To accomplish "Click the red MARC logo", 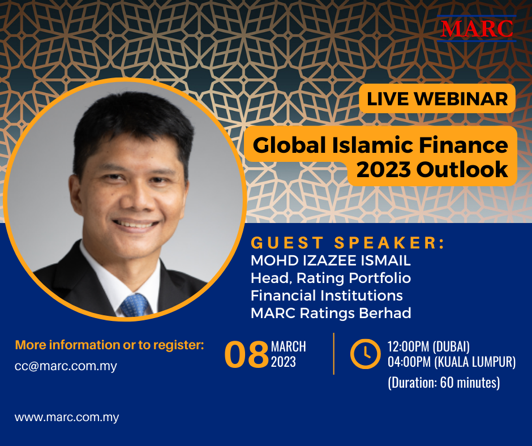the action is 477,28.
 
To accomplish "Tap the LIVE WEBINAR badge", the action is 437,98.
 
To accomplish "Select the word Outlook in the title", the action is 462,169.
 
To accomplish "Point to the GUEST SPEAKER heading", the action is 347,243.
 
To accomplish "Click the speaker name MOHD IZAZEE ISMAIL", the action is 331,260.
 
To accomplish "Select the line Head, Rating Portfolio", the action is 331,278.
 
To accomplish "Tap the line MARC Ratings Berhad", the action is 331,313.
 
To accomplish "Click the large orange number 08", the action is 246,354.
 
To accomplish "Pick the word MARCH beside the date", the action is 289,346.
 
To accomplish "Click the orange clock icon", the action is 366,354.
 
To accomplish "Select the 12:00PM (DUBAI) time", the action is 429,346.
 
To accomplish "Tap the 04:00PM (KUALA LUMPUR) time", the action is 452,362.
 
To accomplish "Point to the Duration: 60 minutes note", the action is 444,383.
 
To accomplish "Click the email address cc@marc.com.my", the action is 66,366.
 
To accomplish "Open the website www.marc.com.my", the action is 67,417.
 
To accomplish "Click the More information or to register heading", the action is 110,345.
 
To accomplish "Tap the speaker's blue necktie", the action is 134,305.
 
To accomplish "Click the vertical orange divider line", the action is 334,354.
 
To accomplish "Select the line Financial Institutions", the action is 327,295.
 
